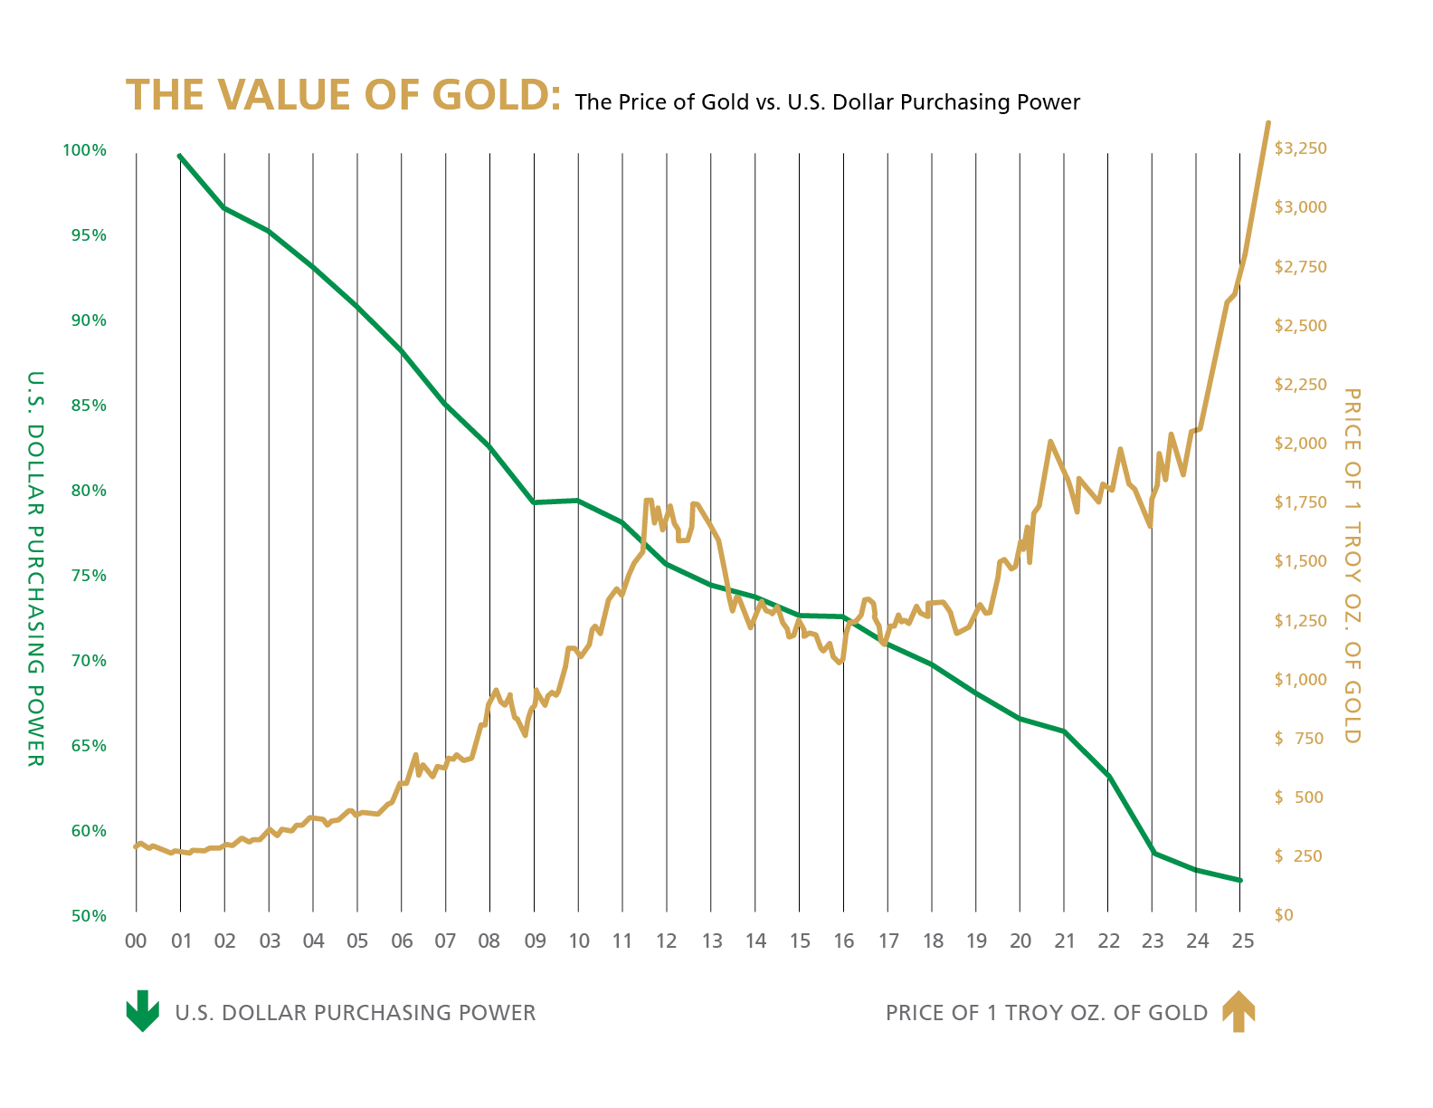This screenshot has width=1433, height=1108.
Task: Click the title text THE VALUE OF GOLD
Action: [x=342, y=96]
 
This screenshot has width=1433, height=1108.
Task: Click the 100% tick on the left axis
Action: [x=85, y=150]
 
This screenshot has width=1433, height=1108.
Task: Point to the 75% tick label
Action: [x=89, y=576]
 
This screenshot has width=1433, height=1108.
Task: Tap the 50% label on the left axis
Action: [x=89, y=916]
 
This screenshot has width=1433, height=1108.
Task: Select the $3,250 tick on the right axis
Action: [x=1300, y=148]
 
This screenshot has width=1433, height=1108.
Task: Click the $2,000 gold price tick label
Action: [x=1300, y=444]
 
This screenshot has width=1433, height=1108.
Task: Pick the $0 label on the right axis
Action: [x=1283, y=915]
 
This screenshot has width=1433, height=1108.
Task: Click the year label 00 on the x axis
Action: [x=136, y=941]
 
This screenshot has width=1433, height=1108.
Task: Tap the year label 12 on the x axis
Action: [x=667, y=941]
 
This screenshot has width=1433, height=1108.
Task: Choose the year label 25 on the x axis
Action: [x=1243, y=941]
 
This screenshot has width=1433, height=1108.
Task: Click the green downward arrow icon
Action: [x=142, y=1011]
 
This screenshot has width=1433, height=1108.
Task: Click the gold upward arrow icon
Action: [x=1238, y=1011]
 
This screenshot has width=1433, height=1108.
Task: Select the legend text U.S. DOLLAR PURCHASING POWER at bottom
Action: [x=355, y=1013]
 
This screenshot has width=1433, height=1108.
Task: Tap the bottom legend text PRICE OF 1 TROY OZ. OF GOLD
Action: [x=1046, y=1013]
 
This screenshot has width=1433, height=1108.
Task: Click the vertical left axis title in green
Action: [x=34, y=568]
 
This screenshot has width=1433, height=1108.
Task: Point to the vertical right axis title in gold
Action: [x=1352, y=566]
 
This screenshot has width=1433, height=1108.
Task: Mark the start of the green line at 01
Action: [x=180, y=156]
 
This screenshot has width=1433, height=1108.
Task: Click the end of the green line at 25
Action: [x=1240, y=880]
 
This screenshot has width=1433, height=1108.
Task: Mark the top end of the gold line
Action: [x=1267, y=122]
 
